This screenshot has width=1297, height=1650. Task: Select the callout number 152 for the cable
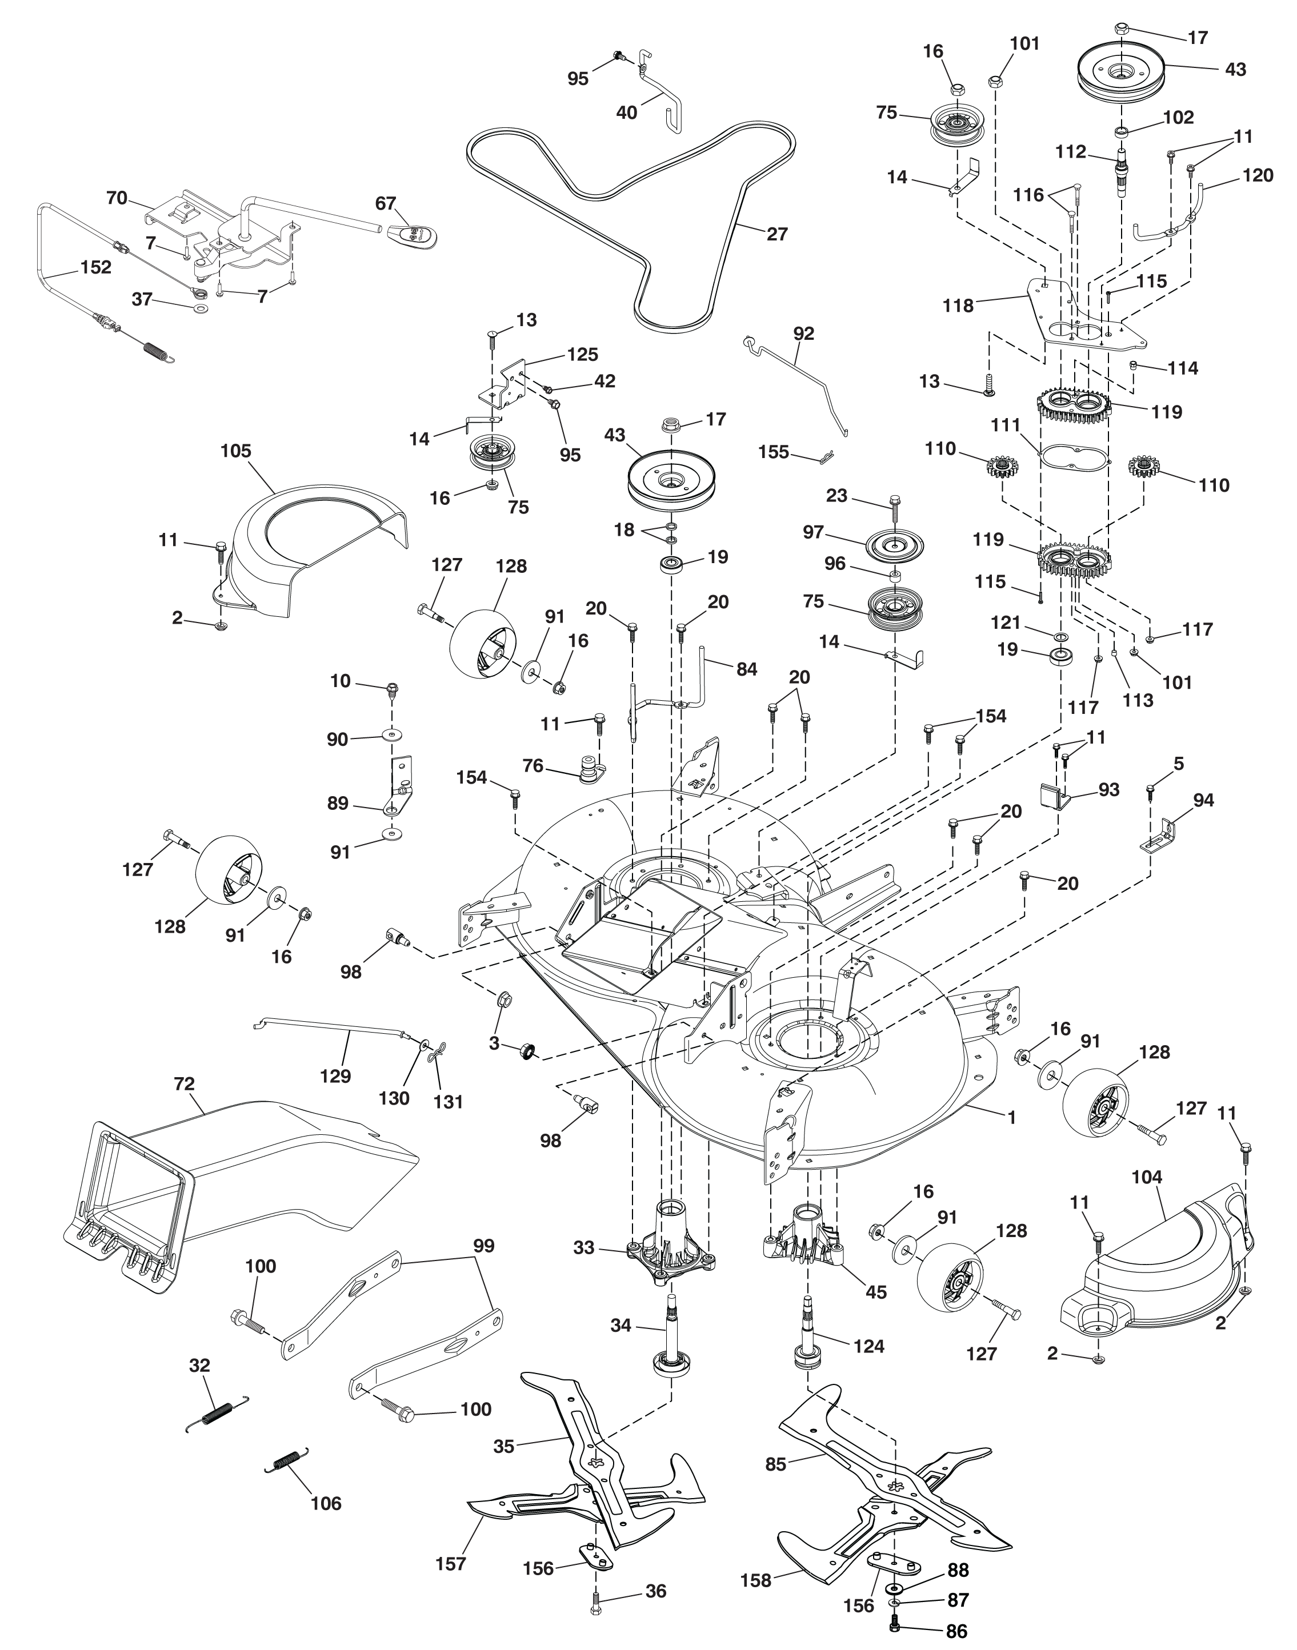(95, 267)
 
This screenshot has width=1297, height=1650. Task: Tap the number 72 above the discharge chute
(185, 1084)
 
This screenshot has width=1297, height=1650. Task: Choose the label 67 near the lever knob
(386, 203)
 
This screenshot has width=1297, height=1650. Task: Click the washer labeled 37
(201, 309)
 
